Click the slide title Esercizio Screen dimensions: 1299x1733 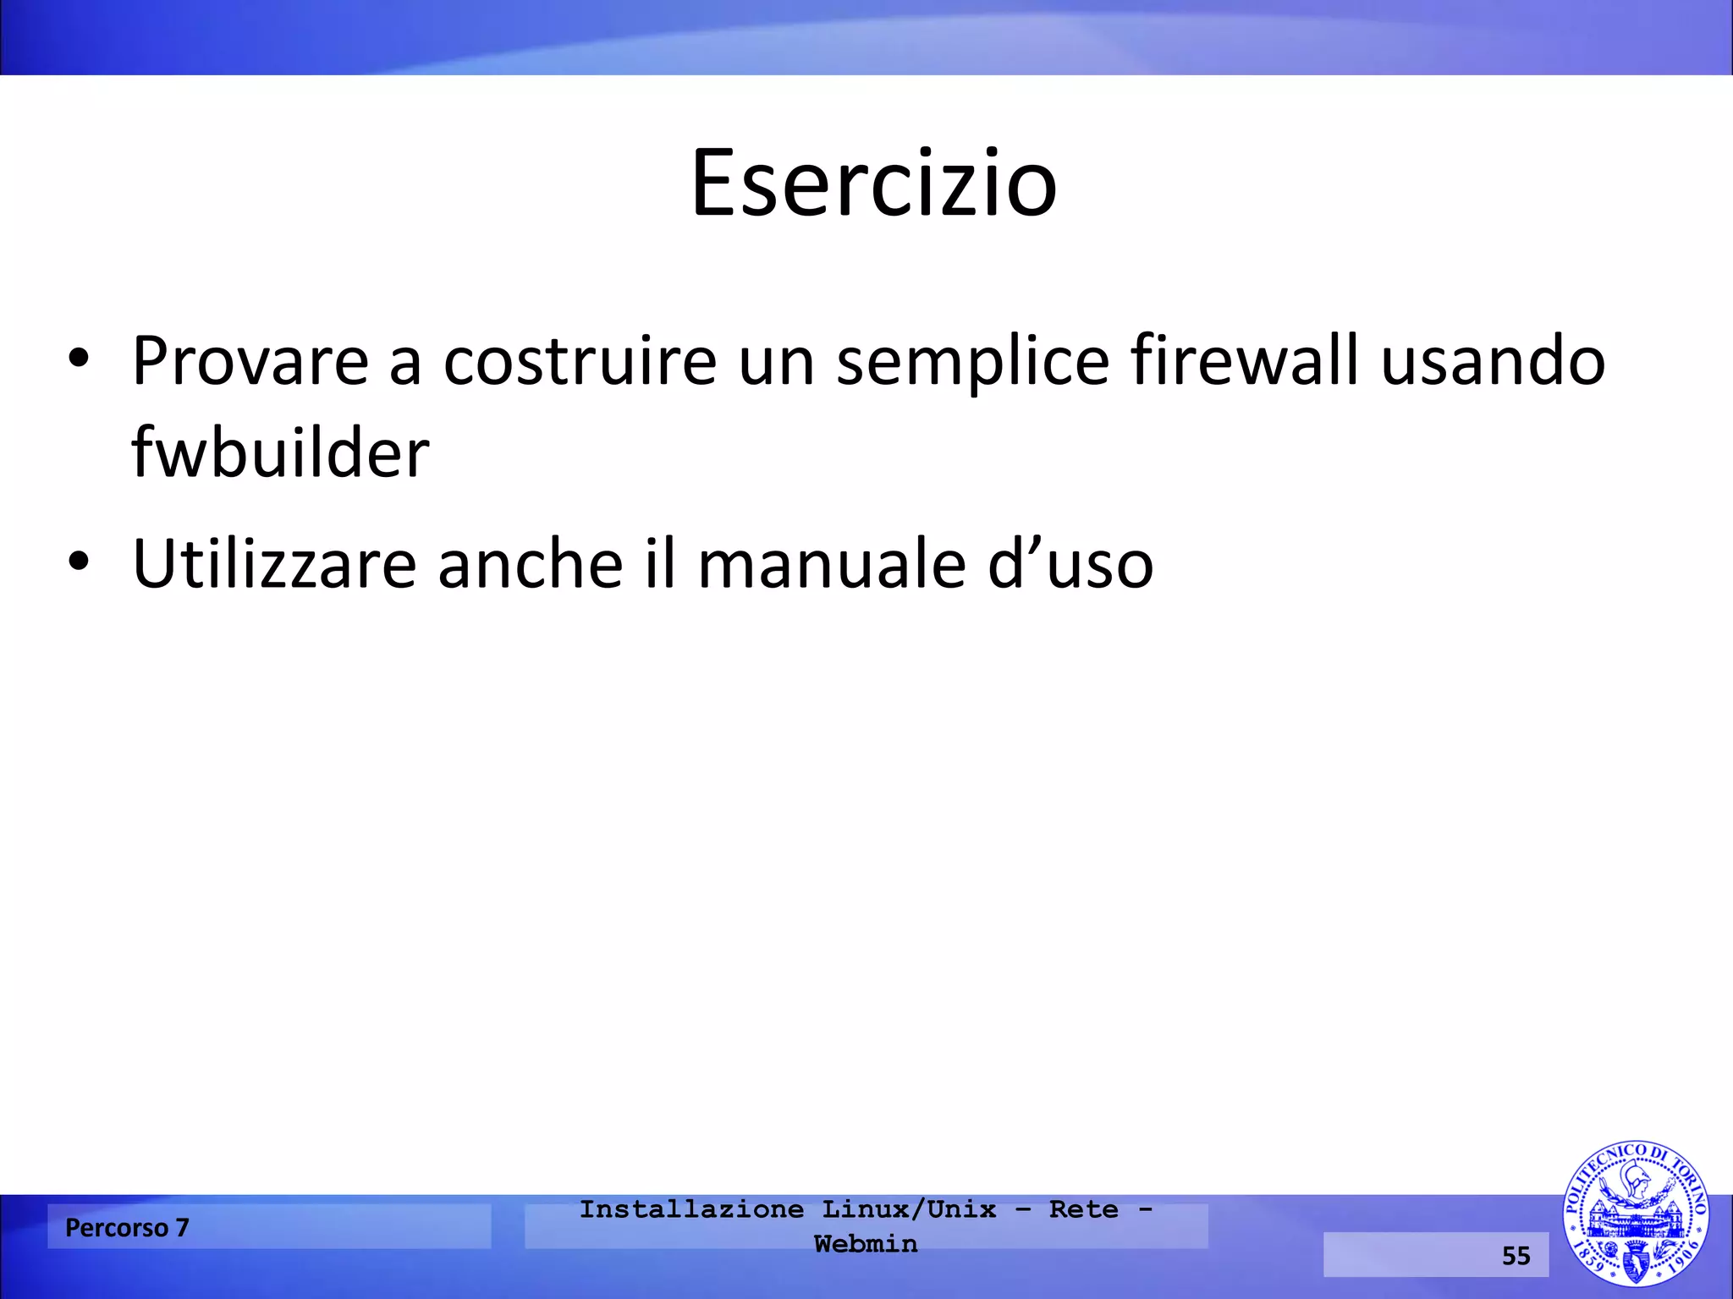point(873,184)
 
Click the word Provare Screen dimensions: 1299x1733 point(250,362)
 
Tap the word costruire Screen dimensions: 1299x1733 point(580,362)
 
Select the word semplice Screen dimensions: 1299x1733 point(972,362)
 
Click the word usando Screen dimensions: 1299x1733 point(1493,362)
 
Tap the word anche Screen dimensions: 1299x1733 point(531,564)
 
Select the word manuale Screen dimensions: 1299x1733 point(832,564)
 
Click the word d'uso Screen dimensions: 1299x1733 point(1070,564)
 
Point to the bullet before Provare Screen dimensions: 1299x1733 point(79,359)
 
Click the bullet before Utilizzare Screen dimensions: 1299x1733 point(79,561)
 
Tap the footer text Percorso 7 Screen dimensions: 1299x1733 point(127,1227)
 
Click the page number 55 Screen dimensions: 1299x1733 point(1516,1255)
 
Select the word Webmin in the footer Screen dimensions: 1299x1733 point(866,1243)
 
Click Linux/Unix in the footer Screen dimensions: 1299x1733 point(910,1209)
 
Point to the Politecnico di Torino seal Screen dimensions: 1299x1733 point(1635,1214)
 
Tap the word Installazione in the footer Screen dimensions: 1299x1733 point(691,1209)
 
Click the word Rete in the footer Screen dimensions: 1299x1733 point(1083,1209)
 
